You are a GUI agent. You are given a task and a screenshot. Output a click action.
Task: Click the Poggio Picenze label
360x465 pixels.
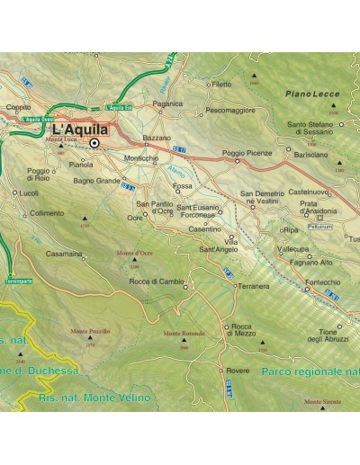point(247,153)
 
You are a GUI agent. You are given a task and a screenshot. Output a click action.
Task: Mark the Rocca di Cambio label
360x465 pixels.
point(157,282)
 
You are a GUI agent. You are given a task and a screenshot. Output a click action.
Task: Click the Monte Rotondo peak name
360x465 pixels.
point(184,333)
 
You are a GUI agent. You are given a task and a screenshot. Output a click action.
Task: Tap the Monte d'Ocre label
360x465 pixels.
point(133,254)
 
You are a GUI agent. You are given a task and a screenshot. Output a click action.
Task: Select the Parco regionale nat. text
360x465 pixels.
point(302,371)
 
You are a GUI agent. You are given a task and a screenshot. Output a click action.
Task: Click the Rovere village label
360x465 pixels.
point(238,370)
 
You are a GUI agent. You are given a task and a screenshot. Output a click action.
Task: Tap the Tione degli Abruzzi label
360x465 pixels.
point(326,335)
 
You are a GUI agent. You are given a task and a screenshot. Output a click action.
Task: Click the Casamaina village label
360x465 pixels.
point(65,254)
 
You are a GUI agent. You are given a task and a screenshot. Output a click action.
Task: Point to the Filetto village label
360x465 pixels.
point(220,84)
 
